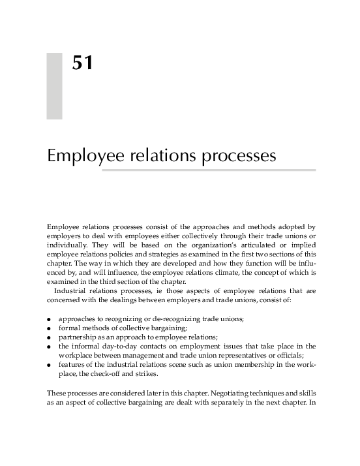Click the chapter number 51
pos(82,64)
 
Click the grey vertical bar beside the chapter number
pos(54,86)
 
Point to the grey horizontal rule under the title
pos(209,170)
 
